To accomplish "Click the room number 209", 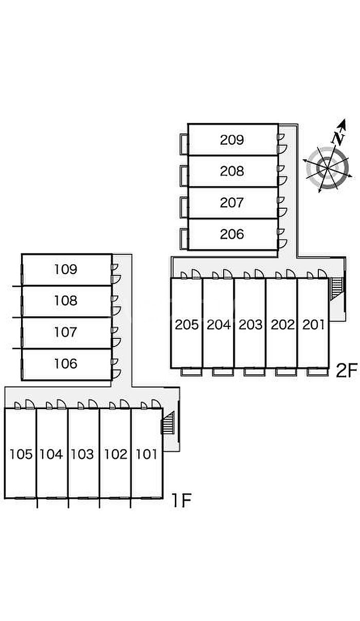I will tap(232, 139).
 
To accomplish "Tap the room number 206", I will tap(232, 234).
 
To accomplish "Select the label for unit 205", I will tap(187, 324).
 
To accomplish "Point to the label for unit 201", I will tap(314, 324).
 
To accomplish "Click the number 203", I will tap(250, 324).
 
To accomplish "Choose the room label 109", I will tap(66, 269).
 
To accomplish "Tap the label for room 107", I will tap(66, 332).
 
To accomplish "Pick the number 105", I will tap(21, 454).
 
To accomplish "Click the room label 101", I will tap(147, 454).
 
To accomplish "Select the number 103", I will tap(83, 454).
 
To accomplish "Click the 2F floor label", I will tap(346, 370).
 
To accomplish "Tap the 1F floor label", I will tap(181, 500).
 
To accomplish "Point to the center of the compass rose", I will tap(327, 167).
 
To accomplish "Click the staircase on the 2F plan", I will tap(335, 288).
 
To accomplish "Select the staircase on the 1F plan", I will tap(168, 425).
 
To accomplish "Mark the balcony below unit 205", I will tap(188, 371).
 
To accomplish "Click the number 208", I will tap(232, 171).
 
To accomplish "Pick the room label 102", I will tap(115, 454).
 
